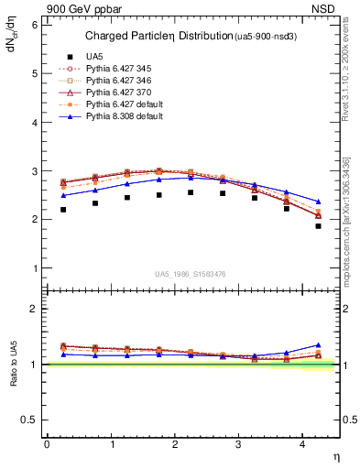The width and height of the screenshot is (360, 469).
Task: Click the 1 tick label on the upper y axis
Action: coord(34,268)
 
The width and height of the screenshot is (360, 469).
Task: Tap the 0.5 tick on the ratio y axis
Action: coord(30,420)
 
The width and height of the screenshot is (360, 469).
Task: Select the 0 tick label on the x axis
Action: coord(47,443)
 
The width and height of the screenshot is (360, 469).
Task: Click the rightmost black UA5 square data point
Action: coord(318,226)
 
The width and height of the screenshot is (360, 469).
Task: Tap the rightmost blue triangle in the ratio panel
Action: coord(318,345)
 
